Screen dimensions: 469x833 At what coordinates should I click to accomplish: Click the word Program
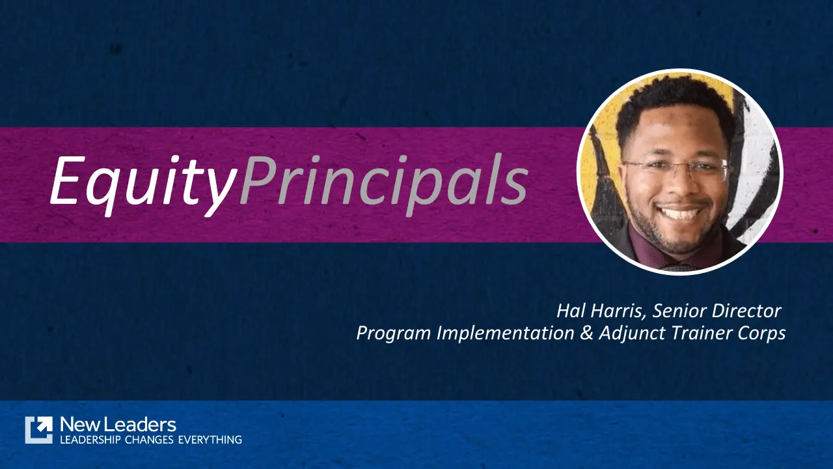[393, 333]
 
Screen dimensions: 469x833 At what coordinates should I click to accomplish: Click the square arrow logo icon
[38, 430]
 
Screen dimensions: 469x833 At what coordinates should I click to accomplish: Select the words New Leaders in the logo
[118, 425]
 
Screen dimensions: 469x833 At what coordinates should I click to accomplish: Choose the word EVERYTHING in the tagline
[212, 440]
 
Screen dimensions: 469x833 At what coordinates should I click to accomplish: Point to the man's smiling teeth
[677, 213]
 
